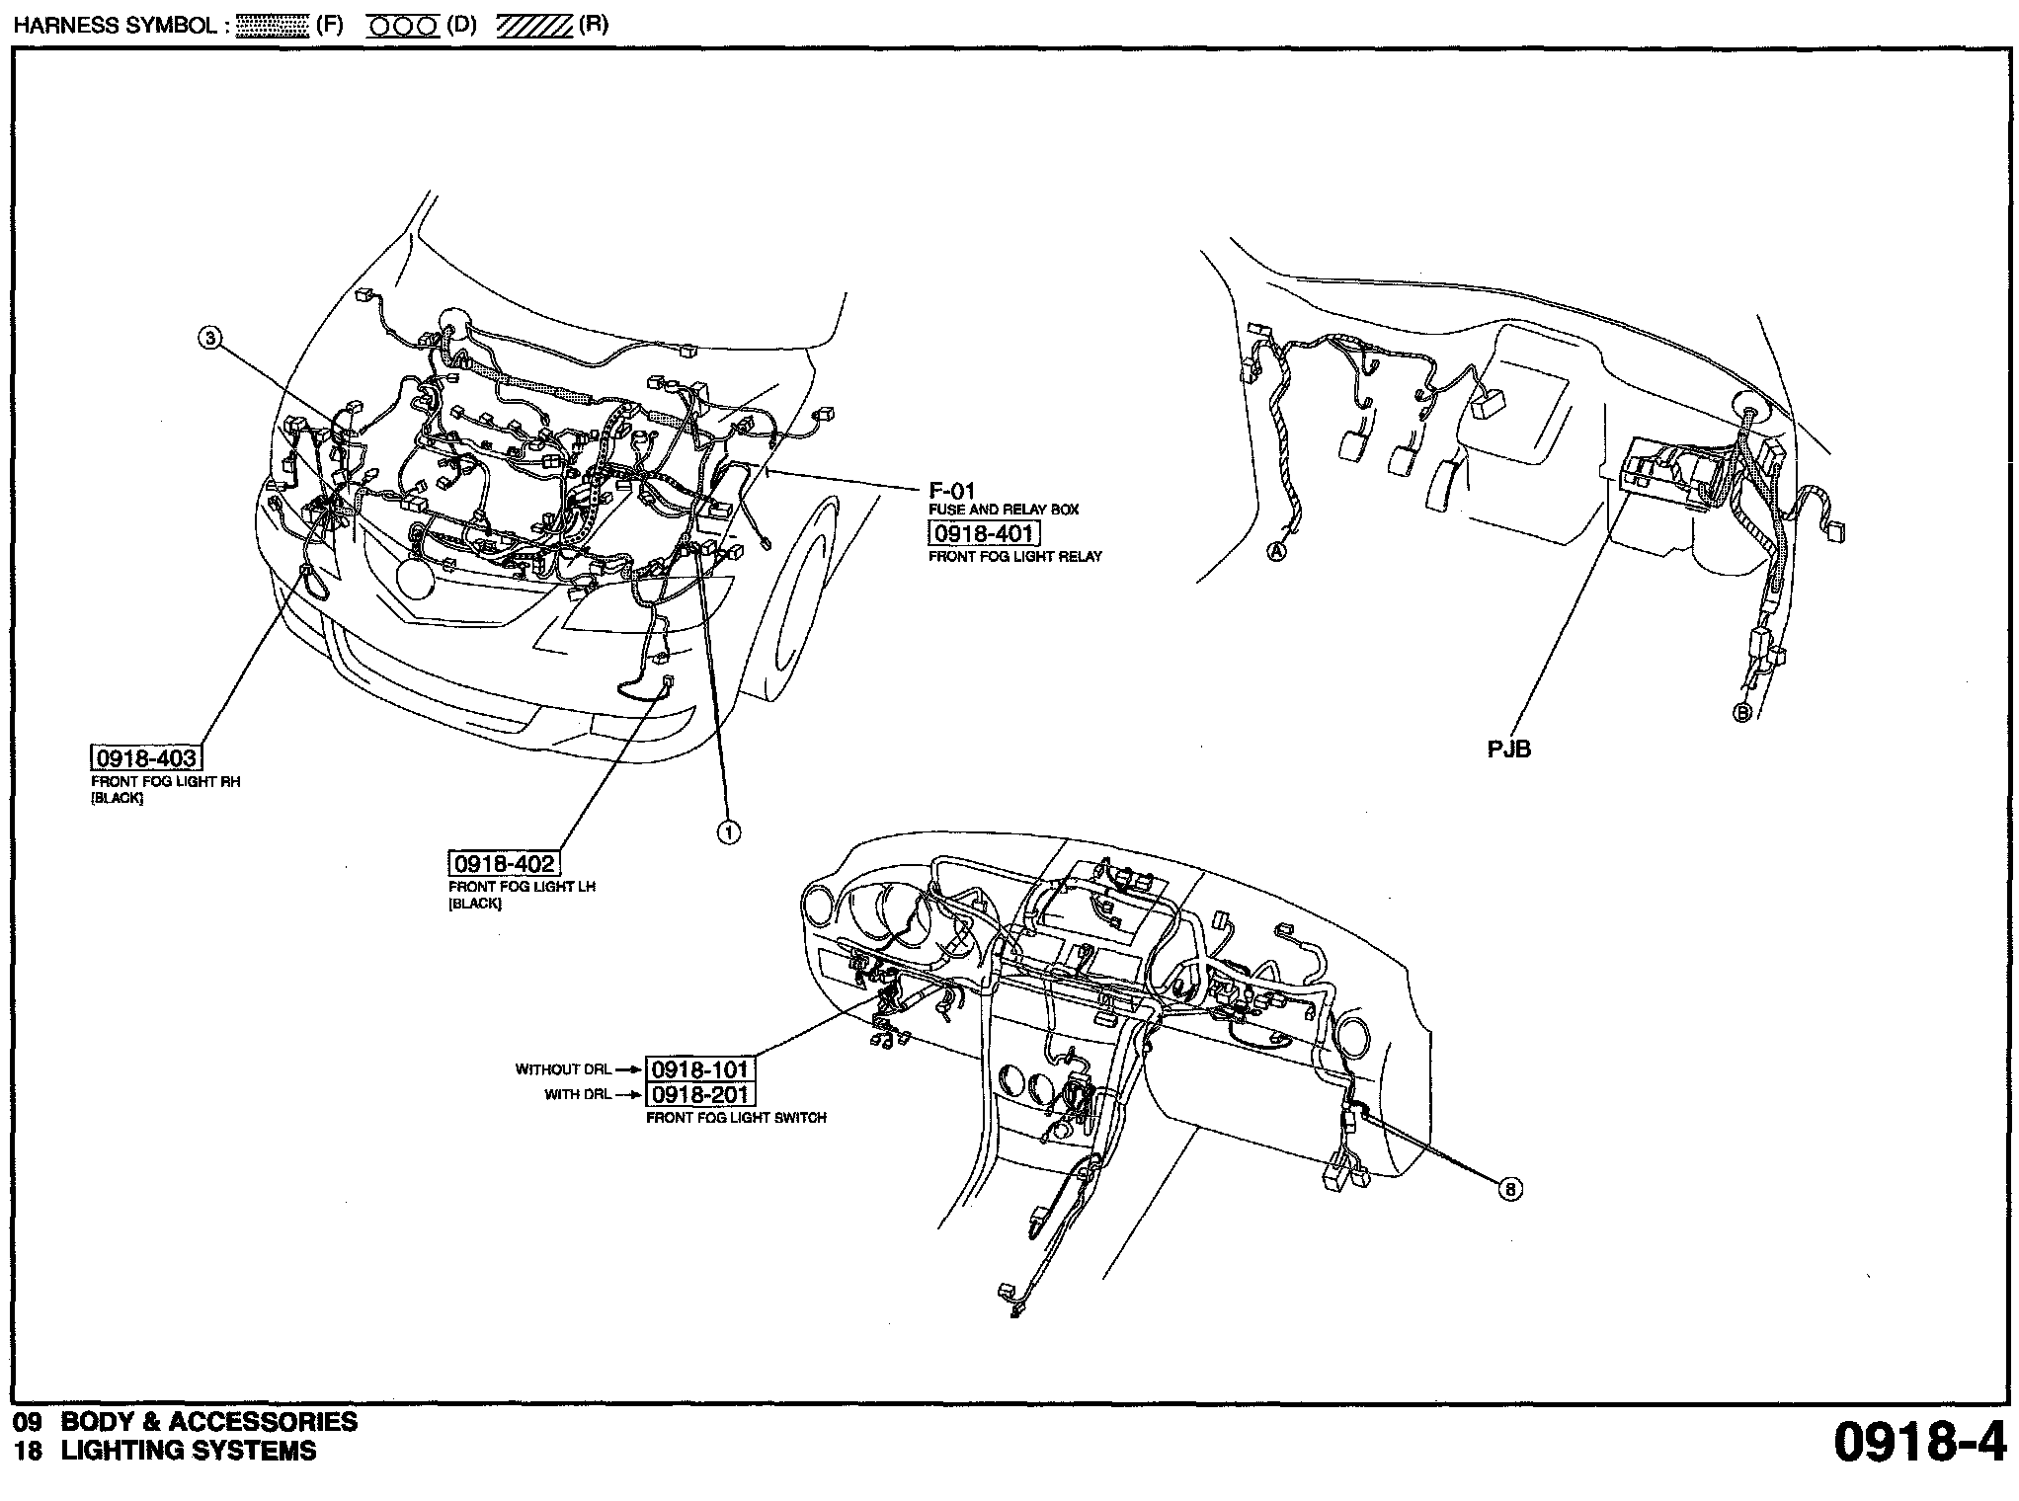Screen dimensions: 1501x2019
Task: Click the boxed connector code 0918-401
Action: tap(984, 534)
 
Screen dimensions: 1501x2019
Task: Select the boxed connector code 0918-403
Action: tap(145, 757)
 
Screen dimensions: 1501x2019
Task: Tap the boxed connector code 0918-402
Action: tap(504, 863)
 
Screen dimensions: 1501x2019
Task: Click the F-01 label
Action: tap(952, 491)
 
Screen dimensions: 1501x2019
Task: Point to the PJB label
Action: tap(1508, 750)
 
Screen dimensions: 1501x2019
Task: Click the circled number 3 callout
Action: tap(208, 339)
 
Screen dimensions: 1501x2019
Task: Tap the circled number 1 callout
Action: tap(728, 833)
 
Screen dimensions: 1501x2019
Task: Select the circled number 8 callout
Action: tap(1509, 1189)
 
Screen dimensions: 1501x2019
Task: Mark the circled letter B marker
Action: tap(1742, 712)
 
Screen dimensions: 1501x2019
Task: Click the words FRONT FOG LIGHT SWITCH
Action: tap(736, 1118)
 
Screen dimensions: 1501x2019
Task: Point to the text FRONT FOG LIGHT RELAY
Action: tap(1014, 557)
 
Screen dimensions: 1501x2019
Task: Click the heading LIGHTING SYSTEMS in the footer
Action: tap(189, 1451)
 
